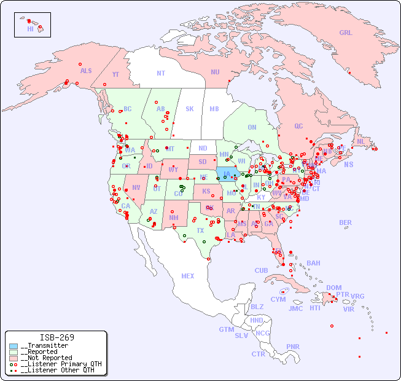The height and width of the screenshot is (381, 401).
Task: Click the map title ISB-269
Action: pos(57,337)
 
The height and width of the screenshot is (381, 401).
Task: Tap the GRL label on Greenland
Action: pos(346,33)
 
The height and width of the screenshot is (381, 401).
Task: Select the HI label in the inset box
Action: pos(30,29)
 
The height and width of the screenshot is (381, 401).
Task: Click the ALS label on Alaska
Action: pos(86,71)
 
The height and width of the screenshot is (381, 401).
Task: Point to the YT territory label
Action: pos(115,74)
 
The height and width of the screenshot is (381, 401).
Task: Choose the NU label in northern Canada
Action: pos(215,72)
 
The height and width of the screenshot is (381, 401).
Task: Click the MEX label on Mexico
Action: pos(187,276)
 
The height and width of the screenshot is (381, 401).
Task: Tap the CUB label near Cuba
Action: pos(261,270)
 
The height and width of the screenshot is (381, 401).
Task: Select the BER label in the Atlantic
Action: pos(346,222)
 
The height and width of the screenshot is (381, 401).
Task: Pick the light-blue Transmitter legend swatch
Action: pos(14,346)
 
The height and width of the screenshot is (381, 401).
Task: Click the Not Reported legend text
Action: pos(46,358)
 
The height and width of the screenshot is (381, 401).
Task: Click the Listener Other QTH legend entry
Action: pos(57,370)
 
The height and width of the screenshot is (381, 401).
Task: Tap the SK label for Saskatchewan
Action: pos(190,109)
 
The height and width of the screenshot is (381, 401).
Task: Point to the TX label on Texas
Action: pos(200,230)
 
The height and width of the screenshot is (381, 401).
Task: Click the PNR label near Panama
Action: pos(293,347)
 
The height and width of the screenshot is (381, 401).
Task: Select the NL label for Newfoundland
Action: pos(360,141)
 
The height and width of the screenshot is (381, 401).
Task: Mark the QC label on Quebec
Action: pos(298,126)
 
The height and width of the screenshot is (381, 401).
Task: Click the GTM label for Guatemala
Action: pos(226,329)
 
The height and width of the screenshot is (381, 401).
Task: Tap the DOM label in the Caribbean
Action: pos(333,288)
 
